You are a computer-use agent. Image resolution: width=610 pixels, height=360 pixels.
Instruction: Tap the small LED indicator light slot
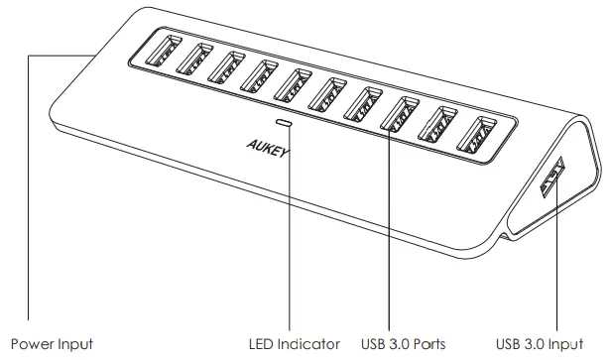[287, 124]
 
